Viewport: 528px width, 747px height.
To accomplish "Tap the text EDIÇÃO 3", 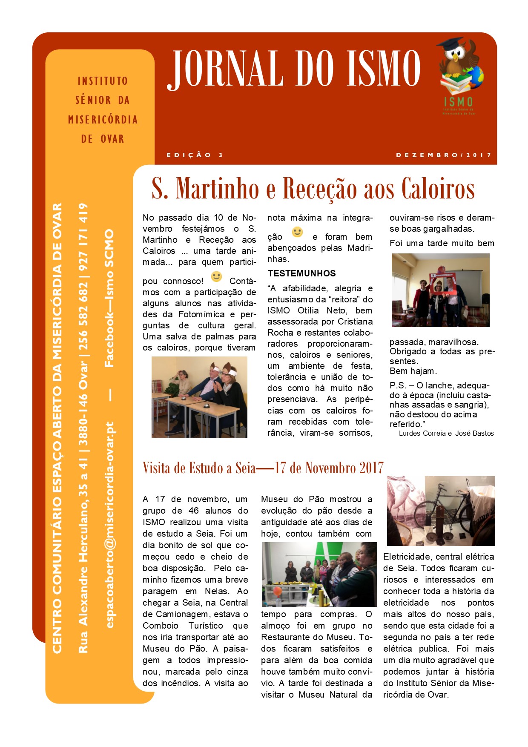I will pos(195,155).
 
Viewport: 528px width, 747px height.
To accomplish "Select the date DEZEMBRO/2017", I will pos(444,155).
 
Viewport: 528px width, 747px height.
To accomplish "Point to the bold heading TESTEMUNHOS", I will pos(301,273).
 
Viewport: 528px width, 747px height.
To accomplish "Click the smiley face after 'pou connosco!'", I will pos(216,277).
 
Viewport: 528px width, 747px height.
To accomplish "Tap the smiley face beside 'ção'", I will pos(297,233).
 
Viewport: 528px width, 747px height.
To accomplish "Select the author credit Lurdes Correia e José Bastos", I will pos(446,433).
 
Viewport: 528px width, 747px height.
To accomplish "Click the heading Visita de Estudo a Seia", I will pos(199,468).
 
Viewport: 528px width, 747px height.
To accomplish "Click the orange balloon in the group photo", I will pos(277,592).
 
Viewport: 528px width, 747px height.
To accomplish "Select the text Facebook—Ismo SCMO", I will pos(109,299).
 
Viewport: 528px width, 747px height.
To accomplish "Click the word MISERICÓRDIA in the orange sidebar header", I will pos(103,120).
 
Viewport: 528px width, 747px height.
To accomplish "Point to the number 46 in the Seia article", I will pos(193,511).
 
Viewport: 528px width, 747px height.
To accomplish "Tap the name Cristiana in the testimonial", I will pos(353,322).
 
